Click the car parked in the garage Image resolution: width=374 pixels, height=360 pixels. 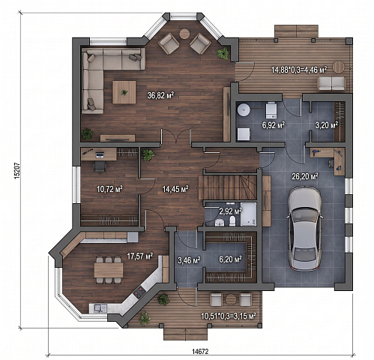[x=304, y=229]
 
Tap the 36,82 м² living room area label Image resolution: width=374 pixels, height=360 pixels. [x=160, y=95]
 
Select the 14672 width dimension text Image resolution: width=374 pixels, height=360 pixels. [x=200, y=351]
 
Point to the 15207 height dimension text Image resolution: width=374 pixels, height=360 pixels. [x=17, y=170]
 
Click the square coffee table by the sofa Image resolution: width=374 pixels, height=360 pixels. [x=124, y=92]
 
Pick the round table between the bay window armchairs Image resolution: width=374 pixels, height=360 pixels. [x=184, y=34]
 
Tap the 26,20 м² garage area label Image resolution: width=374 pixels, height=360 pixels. [x=305, y=177]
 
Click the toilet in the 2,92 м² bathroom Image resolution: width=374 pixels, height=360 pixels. [x=232, y=221]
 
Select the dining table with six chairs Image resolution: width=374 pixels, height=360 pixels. [x=109, y=270]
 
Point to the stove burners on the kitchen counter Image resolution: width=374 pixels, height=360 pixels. [x=139, y=292]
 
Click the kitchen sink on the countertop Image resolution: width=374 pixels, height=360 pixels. [x=100, y=308]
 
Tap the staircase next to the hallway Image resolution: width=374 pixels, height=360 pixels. [x=228, y=187]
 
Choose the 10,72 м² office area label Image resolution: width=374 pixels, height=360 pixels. [x=109, y=189]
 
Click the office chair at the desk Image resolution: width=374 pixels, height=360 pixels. [x=100, y=166]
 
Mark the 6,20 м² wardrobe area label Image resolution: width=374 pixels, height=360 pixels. [x=230, y=259]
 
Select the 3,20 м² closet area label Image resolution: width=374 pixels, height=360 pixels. [x=327, y=125]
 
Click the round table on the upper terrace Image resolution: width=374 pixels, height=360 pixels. [x=340, y=67]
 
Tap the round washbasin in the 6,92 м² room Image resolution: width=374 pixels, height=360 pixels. [x=244, y=109]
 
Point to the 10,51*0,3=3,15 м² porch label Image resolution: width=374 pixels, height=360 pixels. [x=229, y=316]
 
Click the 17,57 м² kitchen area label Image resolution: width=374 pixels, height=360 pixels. [x=140, y=256]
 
